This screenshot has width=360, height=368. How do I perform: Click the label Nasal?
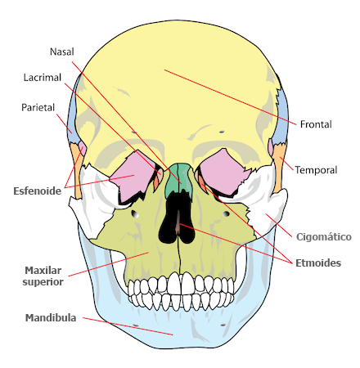pos(62,52)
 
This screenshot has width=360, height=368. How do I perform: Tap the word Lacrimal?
pos(43,78)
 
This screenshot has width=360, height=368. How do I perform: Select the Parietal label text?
pos(38,107)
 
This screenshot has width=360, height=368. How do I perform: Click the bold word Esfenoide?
pos(38,191)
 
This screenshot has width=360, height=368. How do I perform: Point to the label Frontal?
pos(316,124)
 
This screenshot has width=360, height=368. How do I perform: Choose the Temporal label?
pos(316,170)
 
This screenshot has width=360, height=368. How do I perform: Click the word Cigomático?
pos(324,236)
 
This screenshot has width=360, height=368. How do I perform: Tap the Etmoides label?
pos(318,263)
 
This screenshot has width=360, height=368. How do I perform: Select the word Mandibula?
pos(51,317)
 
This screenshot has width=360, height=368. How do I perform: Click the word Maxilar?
pos(43,271)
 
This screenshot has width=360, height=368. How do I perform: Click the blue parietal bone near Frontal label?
pos(282,120)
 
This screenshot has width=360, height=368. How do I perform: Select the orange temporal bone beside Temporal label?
pos(279,169)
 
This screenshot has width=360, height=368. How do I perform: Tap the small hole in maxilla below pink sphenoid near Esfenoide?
pos(135,214)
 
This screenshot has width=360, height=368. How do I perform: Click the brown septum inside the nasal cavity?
pos(178,223)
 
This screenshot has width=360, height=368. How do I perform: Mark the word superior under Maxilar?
pos(43,282)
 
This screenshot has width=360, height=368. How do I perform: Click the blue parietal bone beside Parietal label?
pos(72,117)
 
